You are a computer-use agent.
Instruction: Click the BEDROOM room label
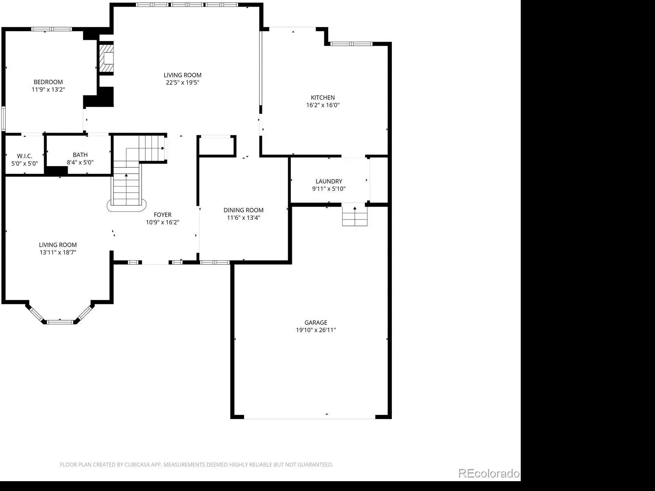[48, 82]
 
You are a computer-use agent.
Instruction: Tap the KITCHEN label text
[323, 97]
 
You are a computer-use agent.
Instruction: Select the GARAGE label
[316, 322]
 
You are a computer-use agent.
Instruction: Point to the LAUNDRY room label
[329, 181]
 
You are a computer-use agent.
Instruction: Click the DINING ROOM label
[244, 210]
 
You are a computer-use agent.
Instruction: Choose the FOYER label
[163, 215]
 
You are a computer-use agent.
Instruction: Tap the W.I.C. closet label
[25, 156]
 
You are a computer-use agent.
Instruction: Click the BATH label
[80, 155]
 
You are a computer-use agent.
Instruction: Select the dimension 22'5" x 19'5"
[182, 83]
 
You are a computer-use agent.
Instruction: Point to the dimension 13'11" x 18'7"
[58, 252]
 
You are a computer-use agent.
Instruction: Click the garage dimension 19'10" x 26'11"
[316, 330]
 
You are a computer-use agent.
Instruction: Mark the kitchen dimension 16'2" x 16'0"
[323, 105]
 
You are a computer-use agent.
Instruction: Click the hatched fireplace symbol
[106, 59]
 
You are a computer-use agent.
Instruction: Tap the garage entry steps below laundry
[355, 216]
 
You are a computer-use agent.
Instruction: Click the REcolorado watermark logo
[489, 473]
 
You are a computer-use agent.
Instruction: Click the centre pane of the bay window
[60, 322]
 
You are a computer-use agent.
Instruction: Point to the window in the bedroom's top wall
[52, 29]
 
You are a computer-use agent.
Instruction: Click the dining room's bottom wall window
[215, 262]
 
